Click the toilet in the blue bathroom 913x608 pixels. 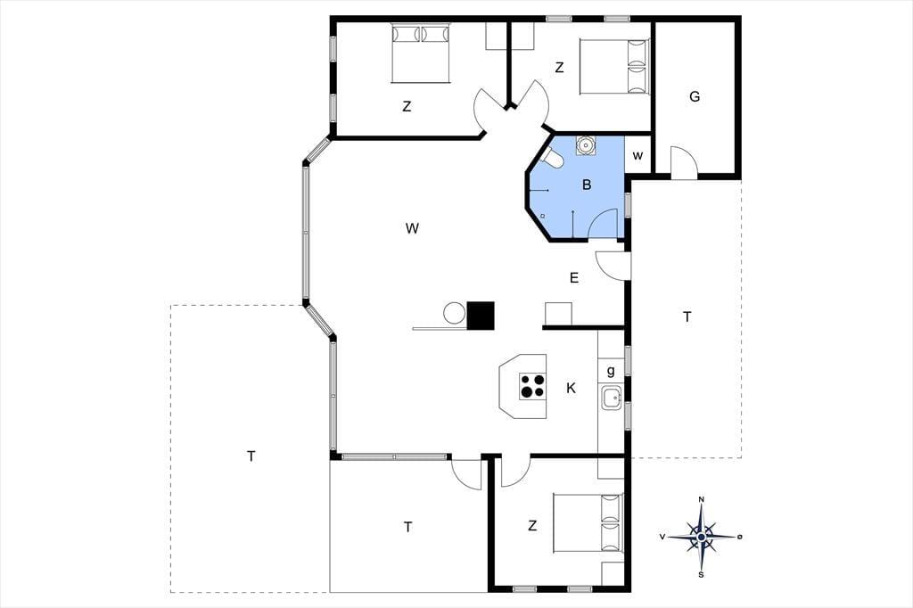553,158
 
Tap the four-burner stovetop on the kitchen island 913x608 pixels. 533,386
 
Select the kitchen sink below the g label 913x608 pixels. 611,398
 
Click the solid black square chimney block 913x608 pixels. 481,316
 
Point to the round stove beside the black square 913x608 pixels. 454,313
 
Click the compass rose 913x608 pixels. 702,537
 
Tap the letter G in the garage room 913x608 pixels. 694,96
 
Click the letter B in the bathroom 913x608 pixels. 587,185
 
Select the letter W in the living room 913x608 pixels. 412,228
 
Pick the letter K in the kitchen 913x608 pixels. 572,388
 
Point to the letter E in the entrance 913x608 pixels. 574,278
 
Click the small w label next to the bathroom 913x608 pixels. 638,156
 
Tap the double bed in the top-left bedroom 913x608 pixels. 421,53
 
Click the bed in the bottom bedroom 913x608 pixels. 588,523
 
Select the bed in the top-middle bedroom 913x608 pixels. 614,66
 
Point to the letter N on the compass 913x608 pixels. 702,499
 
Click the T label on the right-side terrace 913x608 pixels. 687,316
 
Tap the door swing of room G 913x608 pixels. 684,162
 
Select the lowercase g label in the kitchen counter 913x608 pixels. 611,371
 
